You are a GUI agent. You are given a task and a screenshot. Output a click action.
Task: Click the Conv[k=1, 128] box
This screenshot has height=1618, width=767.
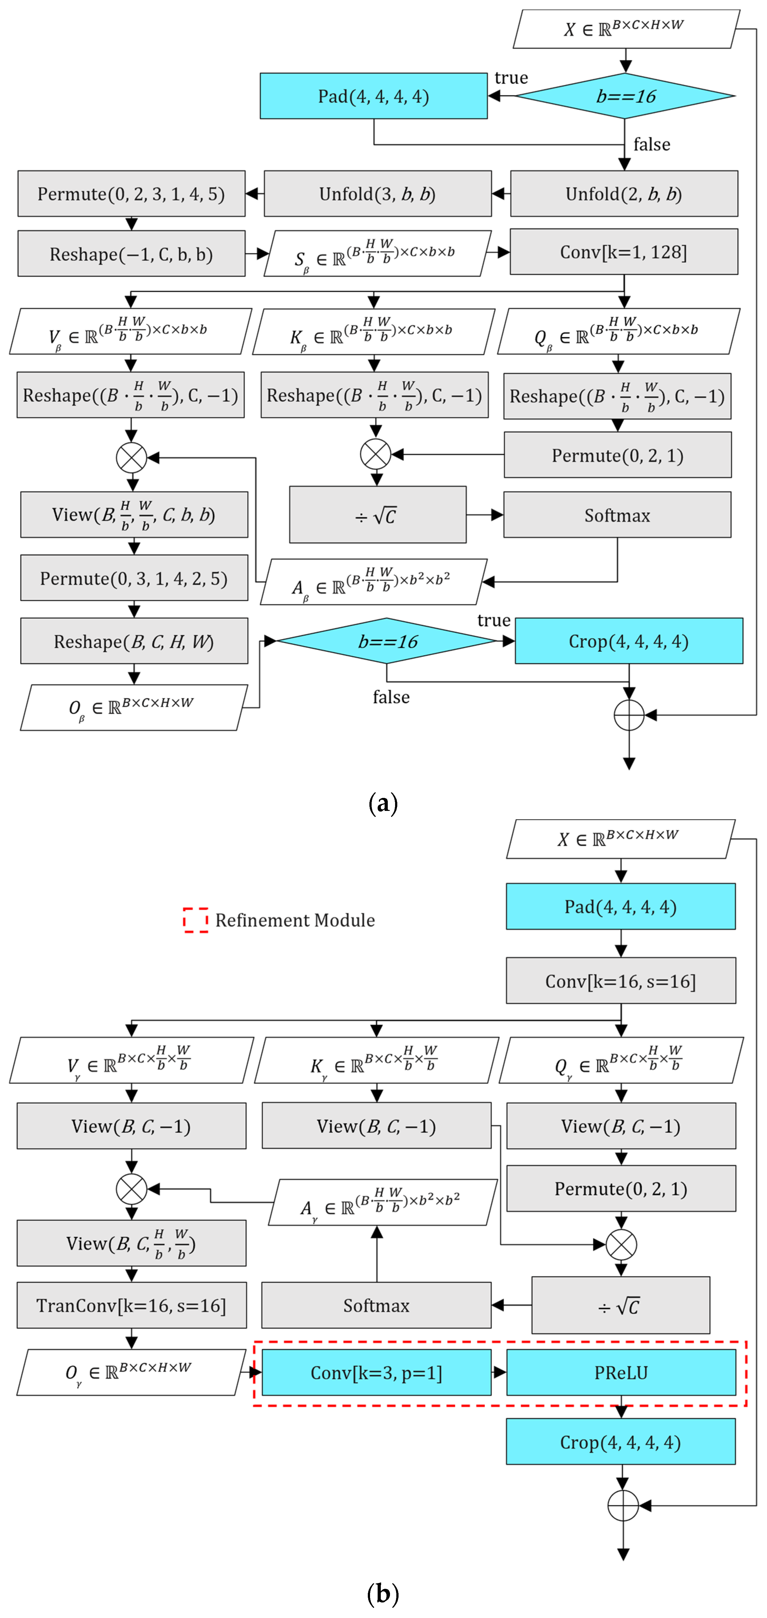pos(624,252)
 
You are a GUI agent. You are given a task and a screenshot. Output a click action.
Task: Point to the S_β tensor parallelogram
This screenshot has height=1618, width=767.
pos(377,254)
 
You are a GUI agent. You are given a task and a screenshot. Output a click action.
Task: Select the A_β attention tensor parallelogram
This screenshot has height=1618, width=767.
pos(374,582)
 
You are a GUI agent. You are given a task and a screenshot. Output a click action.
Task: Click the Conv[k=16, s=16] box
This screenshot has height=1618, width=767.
pos(621,981)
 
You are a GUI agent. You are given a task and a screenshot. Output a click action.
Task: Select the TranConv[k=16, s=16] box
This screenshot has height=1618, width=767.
pos(131,1305)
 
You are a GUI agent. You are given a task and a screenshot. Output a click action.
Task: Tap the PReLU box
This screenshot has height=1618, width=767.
pos(621,1372)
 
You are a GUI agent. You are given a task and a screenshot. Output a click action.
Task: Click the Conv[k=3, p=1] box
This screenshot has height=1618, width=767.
pos(376,1372)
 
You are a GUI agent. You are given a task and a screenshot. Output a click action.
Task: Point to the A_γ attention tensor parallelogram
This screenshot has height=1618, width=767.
pos(383,1202)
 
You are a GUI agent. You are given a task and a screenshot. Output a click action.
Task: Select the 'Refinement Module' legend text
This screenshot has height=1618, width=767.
pos(295,920)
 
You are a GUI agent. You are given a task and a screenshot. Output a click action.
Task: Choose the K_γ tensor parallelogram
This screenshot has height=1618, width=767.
pos(376,1060)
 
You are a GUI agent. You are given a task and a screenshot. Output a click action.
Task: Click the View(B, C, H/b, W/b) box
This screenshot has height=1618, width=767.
pos(131,1243)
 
